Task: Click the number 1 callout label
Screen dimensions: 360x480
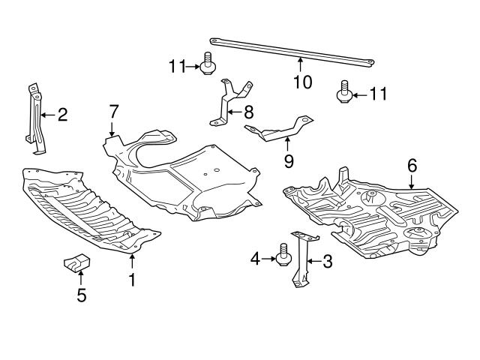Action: point(132,280)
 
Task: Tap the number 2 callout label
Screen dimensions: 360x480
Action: point(62,115)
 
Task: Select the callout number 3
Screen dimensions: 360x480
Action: point(327,261)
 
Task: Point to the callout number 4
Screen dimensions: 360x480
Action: point(255,259)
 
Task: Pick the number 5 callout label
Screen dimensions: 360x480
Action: point(81,295)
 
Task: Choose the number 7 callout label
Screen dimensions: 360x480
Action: point(112,112)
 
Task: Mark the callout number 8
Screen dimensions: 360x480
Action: point(248,113)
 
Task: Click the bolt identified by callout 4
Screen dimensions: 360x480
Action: point(284,255)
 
